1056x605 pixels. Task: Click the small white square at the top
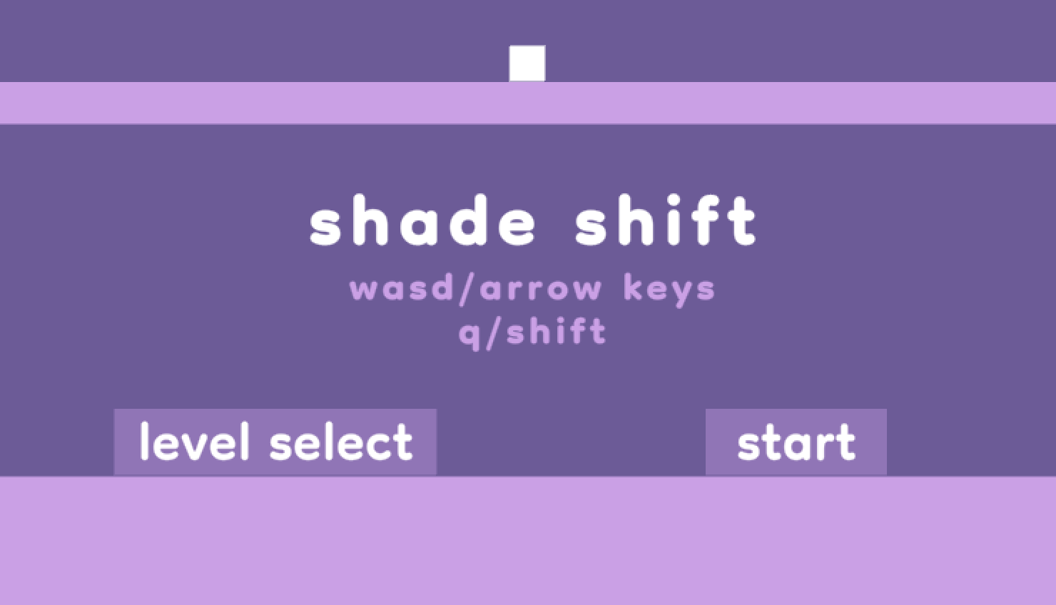pyautogui.click(x=527, y=63)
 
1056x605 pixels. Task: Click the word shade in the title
pyautogui.click(x=422, y=223)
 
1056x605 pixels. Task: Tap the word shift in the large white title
pyautogui.click(x=665, y=221)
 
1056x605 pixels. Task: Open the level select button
pyautogui.click(x=275, y=442)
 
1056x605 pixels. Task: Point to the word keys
pyautogui.click(x=669, y=290)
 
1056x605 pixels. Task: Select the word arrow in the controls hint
pyautogui.click(x=541, y=290)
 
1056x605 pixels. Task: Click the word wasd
pyautogui.click(x=402, y=289)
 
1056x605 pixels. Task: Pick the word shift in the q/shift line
pyautogui.click(x=557, y=332)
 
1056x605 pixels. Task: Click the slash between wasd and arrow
pyautogui.click(x=467, y=289)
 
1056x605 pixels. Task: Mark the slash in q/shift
pyautogui.click(x=494, y=333)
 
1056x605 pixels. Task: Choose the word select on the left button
pyautogui.click(x=341, y=442)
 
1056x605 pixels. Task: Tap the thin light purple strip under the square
pyautogui.click(x=528, y=103)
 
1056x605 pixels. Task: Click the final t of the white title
pyautogui.click(x=742, y=221)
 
